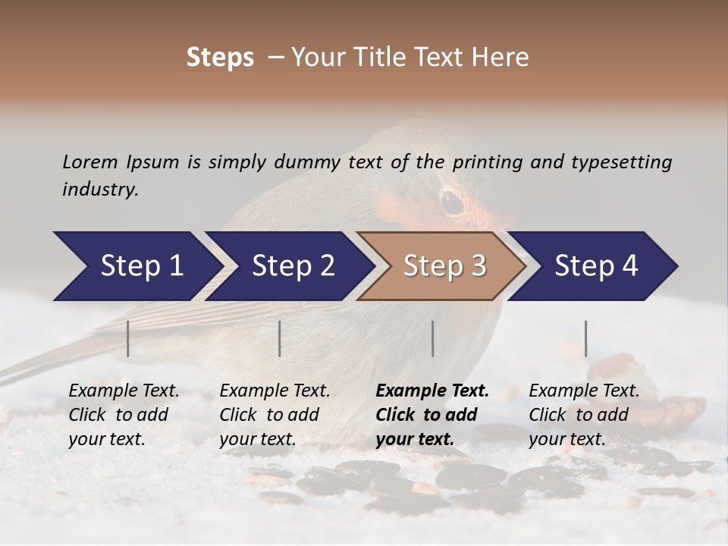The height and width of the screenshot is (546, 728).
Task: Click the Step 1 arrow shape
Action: (x=136, y=266)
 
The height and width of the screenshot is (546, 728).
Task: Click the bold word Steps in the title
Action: (x=220, y=58)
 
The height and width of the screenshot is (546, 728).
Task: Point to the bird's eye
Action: (x=453, y=202)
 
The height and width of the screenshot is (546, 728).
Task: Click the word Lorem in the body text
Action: (x=89, y=162)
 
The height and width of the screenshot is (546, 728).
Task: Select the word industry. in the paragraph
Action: (x=100, y=189)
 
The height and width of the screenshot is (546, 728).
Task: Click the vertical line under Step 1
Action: (x=128, y=338)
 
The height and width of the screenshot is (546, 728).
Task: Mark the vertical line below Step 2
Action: (x=280, y=338)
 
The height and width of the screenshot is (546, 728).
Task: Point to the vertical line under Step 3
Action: (x=433, y=338)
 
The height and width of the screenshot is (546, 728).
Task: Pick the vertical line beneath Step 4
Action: (x=586, y=338)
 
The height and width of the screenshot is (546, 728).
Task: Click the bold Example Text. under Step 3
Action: (x=432, y=391)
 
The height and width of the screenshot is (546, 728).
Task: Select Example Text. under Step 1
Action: (x=124, y=391)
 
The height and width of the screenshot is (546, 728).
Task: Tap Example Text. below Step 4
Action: (x=584, y=391)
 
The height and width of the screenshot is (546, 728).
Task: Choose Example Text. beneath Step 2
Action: (x=275, y=391)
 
